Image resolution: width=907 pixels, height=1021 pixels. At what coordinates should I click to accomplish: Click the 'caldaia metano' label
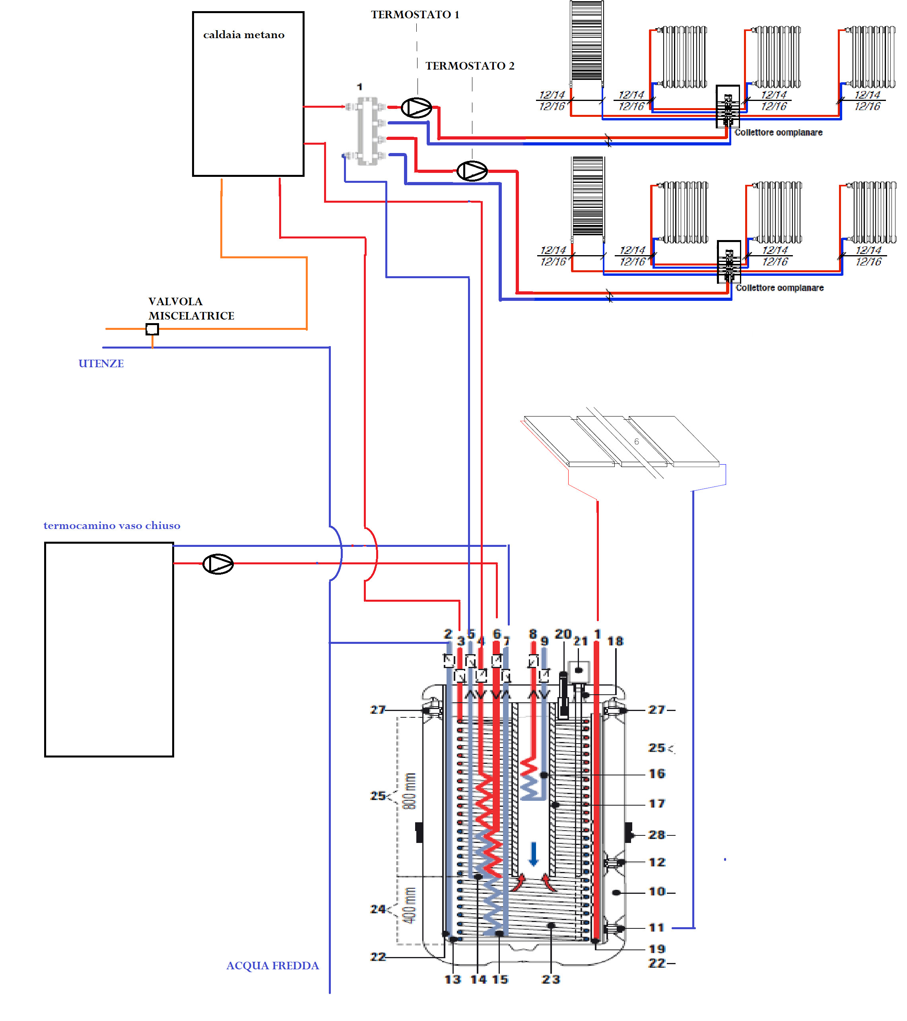(x=243, y=35)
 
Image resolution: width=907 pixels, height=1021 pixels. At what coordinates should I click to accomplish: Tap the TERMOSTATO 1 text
(x=415, y=14)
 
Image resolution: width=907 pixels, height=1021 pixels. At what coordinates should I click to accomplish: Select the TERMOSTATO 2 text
(x=470, y=66)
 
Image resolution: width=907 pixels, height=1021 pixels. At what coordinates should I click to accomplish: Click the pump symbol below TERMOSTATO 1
(x=416, y=107)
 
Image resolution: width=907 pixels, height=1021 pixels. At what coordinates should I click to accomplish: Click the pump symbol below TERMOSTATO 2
(x=472, y=171)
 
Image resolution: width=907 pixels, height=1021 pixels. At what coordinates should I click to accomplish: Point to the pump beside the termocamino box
(x=218, y=564)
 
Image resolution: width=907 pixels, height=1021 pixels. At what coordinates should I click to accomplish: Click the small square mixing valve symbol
(x=152, y=329)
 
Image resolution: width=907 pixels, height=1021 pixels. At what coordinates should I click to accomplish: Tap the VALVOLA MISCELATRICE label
(x=191, y=309)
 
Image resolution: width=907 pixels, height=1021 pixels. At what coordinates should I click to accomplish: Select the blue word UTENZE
(x=101, y=364)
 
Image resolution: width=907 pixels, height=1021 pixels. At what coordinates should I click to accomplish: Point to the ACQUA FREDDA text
(x=272, y=965)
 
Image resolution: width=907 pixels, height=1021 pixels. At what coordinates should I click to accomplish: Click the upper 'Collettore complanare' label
(x=778, y=132)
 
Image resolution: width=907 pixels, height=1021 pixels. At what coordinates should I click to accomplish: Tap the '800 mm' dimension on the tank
(x=410, y=791)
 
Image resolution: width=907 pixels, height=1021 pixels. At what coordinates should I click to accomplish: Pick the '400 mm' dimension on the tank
(x=410, y=906)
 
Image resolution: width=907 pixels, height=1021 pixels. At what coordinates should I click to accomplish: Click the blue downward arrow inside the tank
(x=533, y=854)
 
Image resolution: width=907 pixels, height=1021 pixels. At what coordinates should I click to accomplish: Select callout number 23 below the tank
(x=551, y=980)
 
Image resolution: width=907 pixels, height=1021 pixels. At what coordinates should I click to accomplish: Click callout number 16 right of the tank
(x=656, y=774)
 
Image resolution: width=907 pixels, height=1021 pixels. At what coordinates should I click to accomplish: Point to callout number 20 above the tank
(x=563, y=634)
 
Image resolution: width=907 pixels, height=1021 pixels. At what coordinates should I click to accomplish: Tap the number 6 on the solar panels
(x=636, y=442)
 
